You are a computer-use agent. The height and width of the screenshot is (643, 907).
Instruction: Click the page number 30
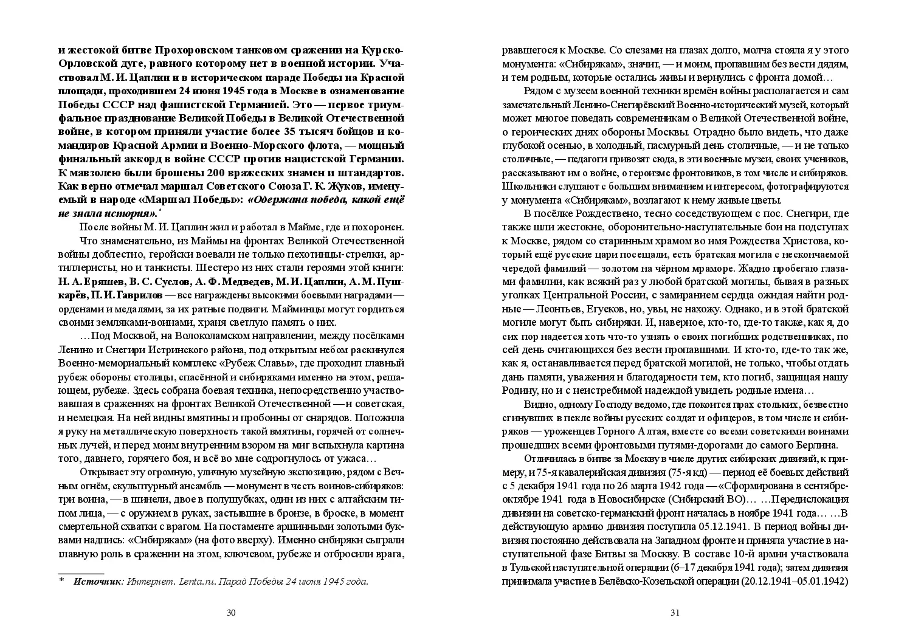(x=231, y=613)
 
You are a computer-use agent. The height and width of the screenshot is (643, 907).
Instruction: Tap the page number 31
(x=675, y=613)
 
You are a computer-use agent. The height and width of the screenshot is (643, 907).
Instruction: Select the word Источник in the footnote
(x=97, y=582)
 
